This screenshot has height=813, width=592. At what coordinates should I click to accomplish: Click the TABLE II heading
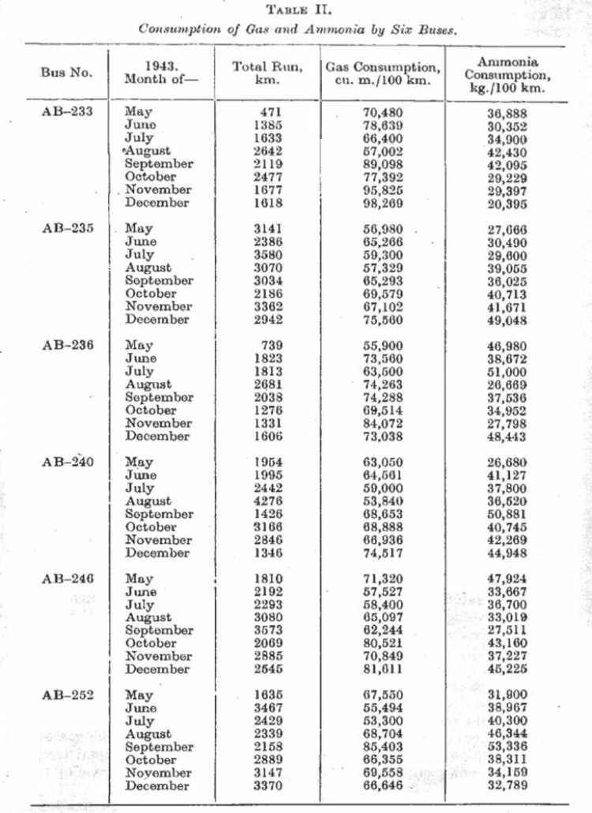point(297,10)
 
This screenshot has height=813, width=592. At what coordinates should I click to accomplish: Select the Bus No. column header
point(66,73)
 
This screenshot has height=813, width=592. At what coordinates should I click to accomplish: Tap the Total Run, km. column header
point(267,73)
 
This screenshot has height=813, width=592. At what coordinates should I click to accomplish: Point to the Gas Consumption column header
point(383,73)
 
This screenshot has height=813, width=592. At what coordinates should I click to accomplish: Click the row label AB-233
point(67,112)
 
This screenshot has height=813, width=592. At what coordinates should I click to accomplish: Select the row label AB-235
point(67,229)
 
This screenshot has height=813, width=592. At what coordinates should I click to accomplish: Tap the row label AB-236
point(67,345)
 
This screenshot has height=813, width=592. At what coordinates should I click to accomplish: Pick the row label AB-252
point(67,695)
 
